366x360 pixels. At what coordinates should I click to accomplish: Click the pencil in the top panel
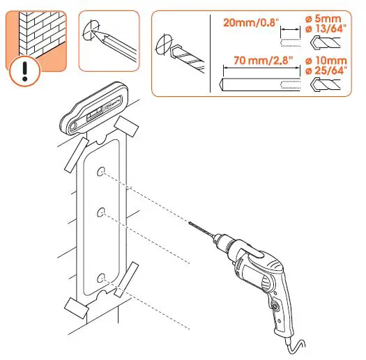(x=112, y=43)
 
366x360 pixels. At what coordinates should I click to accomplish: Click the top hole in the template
(x=102, y=171)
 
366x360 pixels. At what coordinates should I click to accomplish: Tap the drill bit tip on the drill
(x=190, y=223)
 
